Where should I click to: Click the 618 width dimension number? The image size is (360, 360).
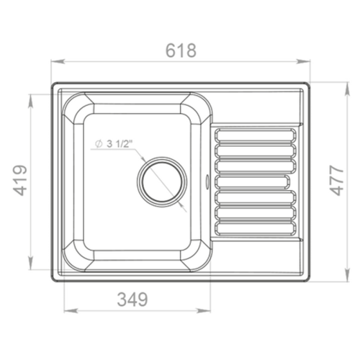pyautogui.click(x=181, y=50)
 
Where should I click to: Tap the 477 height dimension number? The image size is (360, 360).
pyautogui.click(x=337, y=180)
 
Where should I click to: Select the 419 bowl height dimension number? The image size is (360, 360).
pyautogui.click(x=20, y=180)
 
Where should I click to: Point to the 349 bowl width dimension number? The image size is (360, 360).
pyautogui.click(x=132, y=300)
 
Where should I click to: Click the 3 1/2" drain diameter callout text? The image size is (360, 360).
pyautogui.click(x=114, y=144)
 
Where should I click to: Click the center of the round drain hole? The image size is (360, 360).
pyautogui.click(x=161, y=181)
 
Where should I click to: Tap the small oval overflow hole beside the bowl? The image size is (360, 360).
pyautogui.click(x=207, y=181)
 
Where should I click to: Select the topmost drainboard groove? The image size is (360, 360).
pyautogui.click(x=255, y=135)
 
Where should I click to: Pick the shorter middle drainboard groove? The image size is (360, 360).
pyautogui.click(x=252, y=181)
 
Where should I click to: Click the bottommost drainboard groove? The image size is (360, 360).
pyautogui.click(x=255, y=228)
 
